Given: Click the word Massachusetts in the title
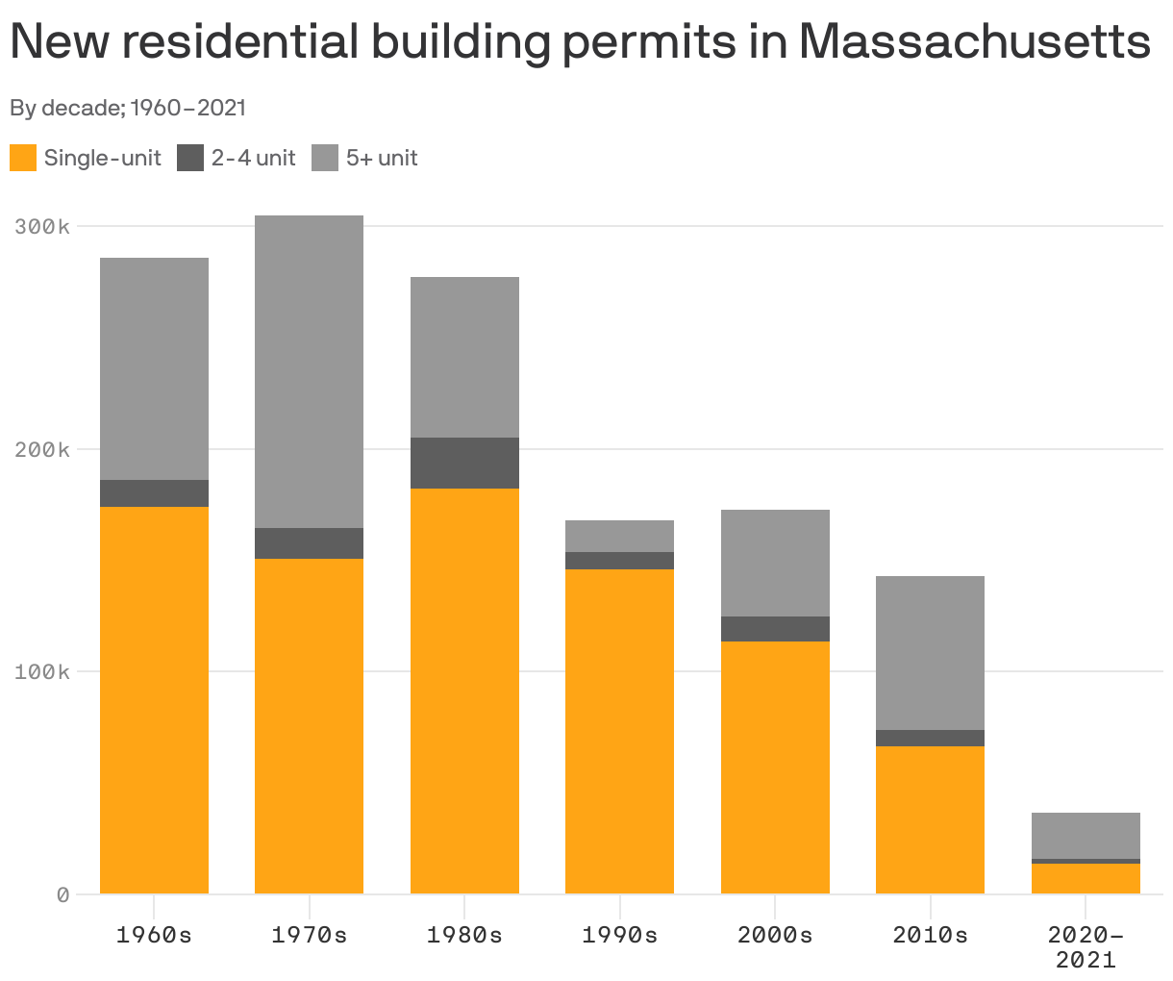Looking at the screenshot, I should [x=974, y=43].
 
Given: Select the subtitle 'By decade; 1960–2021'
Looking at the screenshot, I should [x=128, y=108].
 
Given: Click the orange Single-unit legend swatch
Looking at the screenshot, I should [x=23, y=158].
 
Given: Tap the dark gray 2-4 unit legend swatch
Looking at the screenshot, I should [x=190, y=158].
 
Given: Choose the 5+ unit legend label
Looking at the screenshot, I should [x=382, y=158].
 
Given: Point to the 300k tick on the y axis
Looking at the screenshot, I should [x=42, y=227].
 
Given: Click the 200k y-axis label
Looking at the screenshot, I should [x=42, y=449].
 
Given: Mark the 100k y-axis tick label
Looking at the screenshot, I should [x=42, y=671].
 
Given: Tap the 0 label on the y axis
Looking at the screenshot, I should [x=62, y=894].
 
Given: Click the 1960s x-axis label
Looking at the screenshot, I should [x=154, y=935].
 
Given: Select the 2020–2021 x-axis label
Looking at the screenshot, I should [x=1086, y=946].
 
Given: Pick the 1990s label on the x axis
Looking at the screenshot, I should [x=619, y=935].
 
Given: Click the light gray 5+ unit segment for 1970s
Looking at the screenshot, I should [x=309, y=371].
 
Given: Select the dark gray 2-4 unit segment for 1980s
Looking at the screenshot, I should [x=464, y=463].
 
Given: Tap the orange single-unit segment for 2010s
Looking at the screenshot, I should [x=930, y=819].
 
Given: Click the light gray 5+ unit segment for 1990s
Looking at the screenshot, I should [x=619, y=536].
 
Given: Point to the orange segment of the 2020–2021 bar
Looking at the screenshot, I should [x=1086, y=878].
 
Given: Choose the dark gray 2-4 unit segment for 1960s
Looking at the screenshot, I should [x=154, y=493].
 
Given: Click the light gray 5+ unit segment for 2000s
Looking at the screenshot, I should [x=775, y=563].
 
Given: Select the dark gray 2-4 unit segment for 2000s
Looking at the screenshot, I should [x=775, y=629].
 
